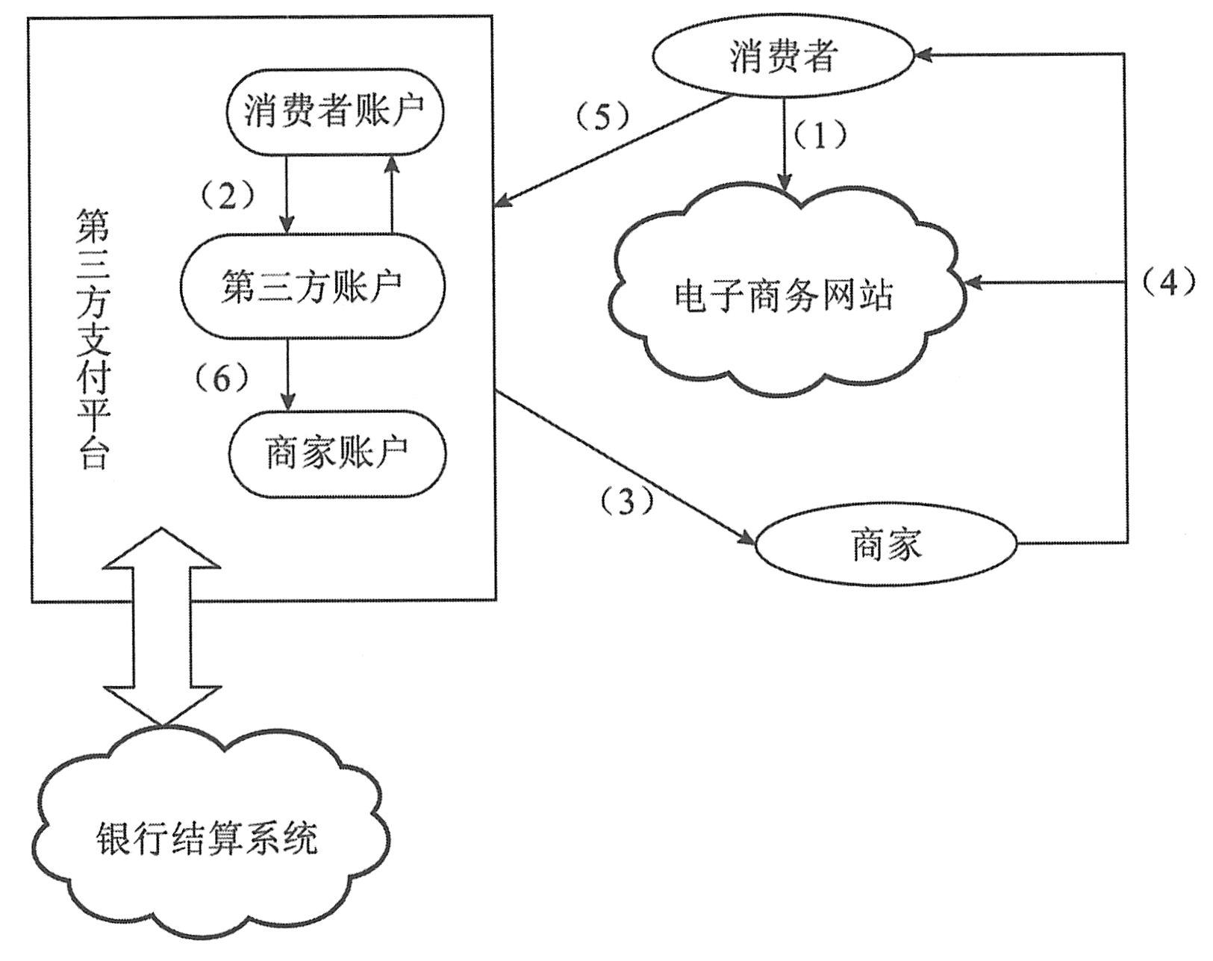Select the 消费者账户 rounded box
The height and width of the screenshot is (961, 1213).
[334, 111]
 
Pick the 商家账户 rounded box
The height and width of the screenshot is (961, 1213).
[337, 453]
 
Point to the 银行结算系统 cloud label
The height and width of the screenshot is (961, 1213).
[208, 838]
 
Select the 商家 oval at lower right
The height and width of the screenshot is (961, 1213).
[887, 544]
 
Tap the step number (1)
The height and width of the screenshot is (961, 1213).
[819, 136]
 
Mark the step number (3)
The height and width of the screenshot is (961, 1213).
[627, 502]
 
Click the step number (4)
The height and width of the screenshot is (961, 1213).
[1169, 282]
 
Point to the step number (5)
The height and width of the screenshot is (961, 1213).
[602, 117]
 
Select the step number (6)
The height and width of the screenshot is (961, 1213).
[221, 379]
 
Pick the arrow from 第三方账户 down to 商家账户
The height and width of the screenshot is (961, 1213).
[287, 373]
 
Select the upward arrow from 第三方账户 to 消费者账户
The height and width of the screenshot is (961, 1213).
[391, 194]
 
